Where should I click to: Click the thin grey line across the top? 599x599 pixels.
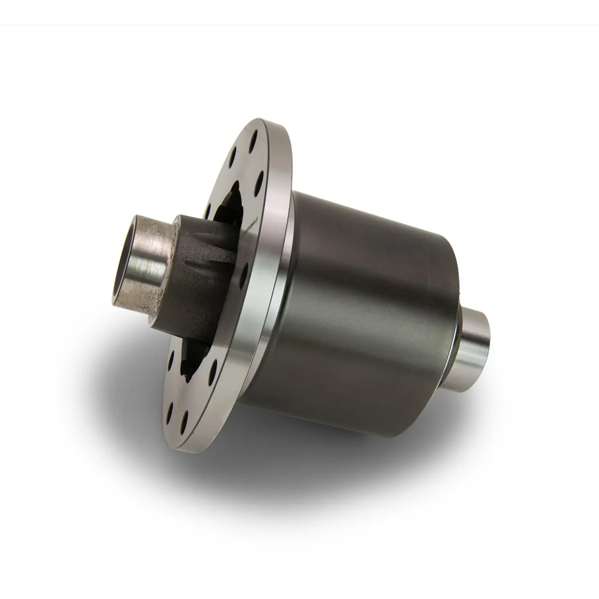click(299, 25)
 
